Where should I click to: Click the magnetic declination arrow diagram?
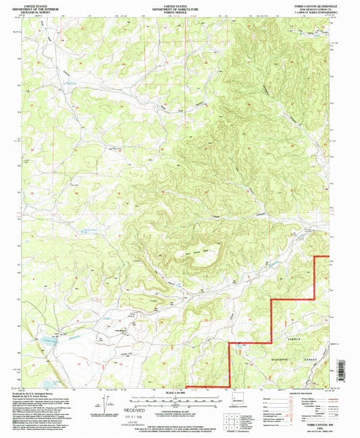tap(95, 405)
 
